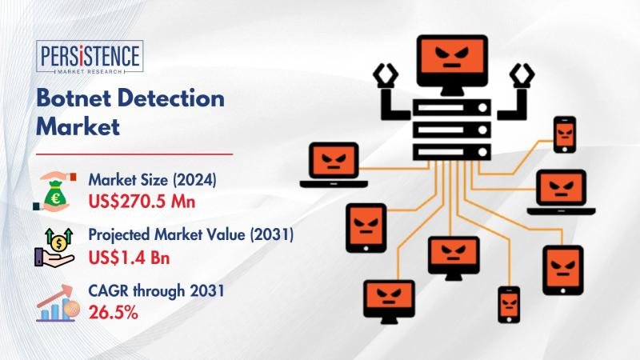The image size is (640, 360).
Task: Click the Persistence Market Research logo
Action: click(x=90, y=57)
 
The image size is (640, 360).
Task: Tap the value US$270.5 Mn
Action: click(x=142, y=202)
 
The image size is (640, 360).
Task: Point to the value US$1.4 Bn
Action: click(x=129, y=258)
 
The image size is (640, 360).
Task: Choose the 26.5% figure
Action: click(x=113, y=313)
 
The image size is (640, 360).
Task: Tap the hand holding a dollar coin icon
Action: click(x=54, y=248)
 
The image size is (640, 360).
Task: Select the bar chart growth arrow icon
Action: click(x=56, y=303)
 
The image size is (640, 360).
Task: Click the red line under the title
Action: click(x=134, y=154)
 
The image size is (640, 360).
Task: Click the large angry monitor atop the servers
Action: click(x=452, y=65)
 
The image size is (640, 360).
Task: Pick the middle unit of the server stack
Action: click(x=452, y=130)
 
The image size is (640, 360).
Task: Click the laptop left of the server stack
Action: click(x=334, y=165)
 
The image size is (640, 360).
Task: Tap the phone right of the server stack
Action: click(x=565, y=134)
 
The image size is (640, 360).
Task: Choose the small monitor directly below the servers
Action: click(x=454, y=258)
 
